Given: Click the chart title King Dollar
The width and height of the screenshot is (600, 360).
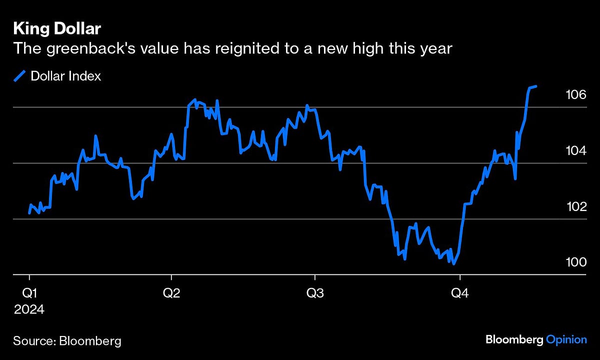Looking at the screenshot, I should [x=57, y=29].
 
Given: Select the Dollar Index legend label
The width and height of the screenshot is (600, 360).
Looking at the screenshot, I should [x=65, y=76].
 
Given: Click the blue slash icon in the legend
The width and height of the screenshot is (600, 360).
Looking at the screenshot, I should [x=19, y=76].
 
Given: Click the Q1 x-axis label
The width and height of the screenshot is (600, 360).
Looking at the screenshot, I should [x=29, y=293].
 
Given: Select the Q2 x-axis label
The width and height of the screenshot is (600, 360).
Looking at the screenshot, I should [x=171, y=293].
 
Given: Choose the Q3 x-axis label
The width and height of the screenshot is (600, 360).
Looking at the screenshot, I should [x=314, y=293].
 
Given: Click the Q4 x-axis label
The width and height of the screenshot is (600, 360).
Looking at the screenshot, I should [x=460, y=293].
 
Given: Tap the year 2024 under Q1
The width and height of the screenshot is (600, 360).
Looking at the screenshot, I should [x=29, y=309].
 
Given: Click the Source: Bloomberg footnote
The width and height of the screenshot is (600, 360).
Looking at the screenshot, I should [x=67, y=341].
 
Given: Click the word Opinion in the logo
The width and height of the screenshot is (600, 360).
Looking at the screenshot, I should [x=566, y=340].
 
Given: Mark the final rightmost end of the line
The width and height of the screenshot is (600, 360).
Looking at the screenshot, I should [x=536, y=86].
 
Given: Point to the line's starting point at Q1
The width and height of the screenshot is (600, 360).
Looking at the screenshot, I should [x=29, y=213].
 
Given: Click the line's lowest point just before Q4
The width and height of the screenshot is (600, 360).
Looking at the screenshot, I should [x=453, y=263].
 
